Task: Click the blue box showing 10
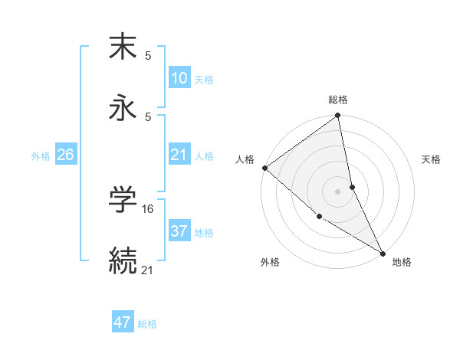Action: [x=179, y=78]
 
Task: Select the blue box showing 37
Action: [x=179, y=231]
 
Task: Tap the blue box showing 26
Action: [x=65, y=155]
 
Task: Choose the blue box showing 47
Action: [x=123, y=322]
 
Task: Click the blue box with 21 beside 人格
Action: [x=179, y=155]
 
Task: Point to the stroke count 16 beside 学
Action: [x=149, y=208]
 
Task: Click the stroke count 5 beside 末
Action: [x=148, y=56]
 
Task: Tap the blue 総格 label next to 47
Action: [x=147, y=324]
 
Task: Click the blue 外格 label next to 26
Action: [x=41, y=155]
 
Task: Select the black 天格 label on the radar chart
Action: [x=432, y=159]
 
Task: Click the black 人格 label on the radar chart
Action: [x=245, y=159]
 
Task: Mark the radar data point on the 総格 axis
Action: [x=338, y=116]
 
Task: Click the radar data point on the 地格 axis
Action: [x=382, y=252]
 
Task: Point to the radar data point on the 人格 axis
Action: [x=264, y=168]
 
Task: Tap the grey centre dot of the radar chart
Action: [x=338, y=191]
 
